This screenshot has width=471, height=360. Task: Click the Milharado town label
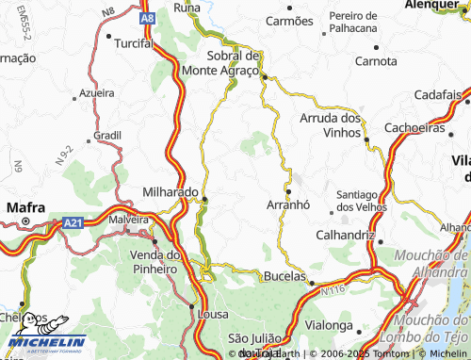point(170,190)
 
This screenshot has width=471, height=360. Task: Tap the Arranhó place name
point(289,205)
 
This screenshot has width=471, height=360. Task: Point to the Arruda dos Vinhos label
point(330,125)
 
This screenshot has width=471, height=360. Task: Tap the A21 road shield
point(73,221)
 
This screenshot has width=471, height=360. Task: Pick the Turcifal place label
point(134,43)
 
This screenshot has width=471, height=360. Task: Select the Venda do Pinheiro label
point(154,262)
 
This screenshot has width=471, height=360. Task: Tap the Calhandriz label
point(346,234)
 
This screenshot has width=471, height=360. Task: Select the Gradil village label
point(107,135)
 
